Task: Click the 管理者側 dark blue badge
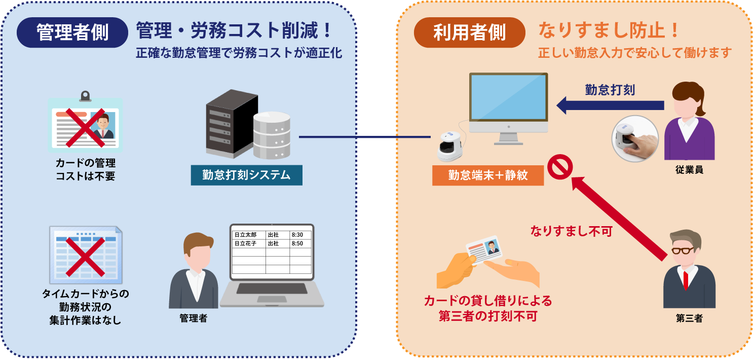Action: [x=72, y=32]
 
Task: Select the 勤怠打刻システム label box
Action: [x=246, y=175]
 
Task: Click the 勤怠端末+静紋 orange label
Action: [x=487, y=175]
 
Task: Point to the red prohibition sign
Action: [x=560, y=168]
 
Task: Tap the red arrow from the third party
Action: [x=618, y=218]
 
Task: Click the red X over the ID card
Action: [x=85, y=127]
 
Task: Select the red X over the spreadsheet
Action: [x=85, y=256]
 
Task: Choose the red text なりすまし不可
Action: [x=571, y=232]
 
